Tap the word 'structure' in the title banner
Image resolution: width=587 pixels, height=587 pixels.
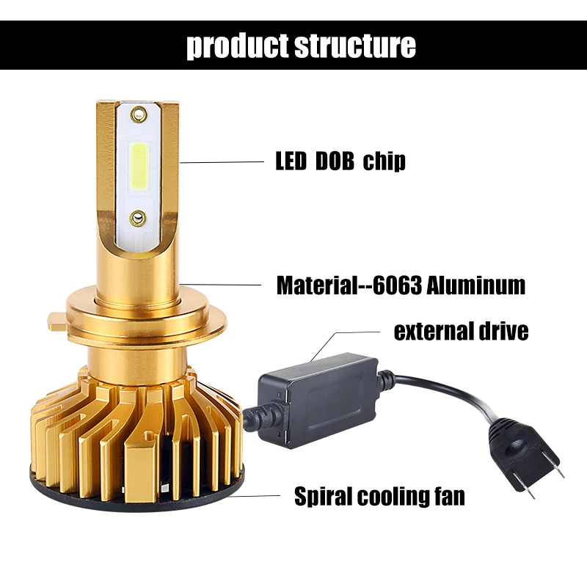(x=355, y=45)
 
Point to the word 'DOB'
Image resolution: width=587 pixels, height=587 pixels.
(x=335, y=161)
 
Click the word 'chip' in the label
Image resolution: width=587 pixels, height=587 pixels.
(x=384, y=161)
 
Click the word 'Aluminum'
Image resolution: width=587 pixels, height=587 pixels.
(x=476, y=285)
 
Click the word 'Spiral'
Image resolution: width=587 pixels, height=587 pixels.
(x=323, y=497)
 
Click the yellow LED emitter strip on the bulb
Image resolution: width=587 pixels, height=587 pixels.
(x=139, y=165)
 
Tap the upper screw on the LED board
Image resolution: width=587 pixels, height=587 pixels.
(x=139, y=113)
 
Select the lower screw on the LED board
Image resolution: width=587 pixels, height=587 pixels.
(x=138, y=217)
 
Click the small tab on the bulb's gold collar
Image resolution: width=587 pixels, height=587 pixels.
(x=57, y=321)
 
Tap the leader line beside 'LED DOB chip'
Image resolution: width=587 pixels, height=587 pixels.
(x=222, y=162)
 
